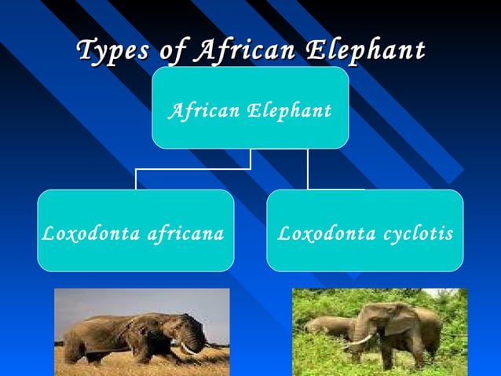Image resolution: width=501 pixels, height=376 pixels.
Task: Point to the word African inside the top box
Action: [x=203, y=111]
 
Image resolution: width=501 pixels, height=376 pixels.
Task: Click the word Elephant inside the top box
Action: [x=289, y=112]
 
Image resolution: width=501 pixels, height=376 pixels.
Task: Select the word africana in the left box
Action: [x=186, y=234]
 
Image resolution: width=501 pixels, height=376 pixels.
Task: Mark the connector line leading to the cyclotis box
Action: [x=308, y=169]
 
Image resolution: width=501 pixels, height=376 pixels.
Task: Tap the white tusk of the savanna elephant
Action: [x=191, y=348]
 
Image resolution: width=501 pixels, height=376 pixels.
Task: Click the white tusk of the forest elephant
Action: [x=359, y=341]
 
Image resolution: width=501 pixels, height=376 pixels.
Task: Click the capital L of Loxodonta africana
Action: [x=46, y=234]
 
